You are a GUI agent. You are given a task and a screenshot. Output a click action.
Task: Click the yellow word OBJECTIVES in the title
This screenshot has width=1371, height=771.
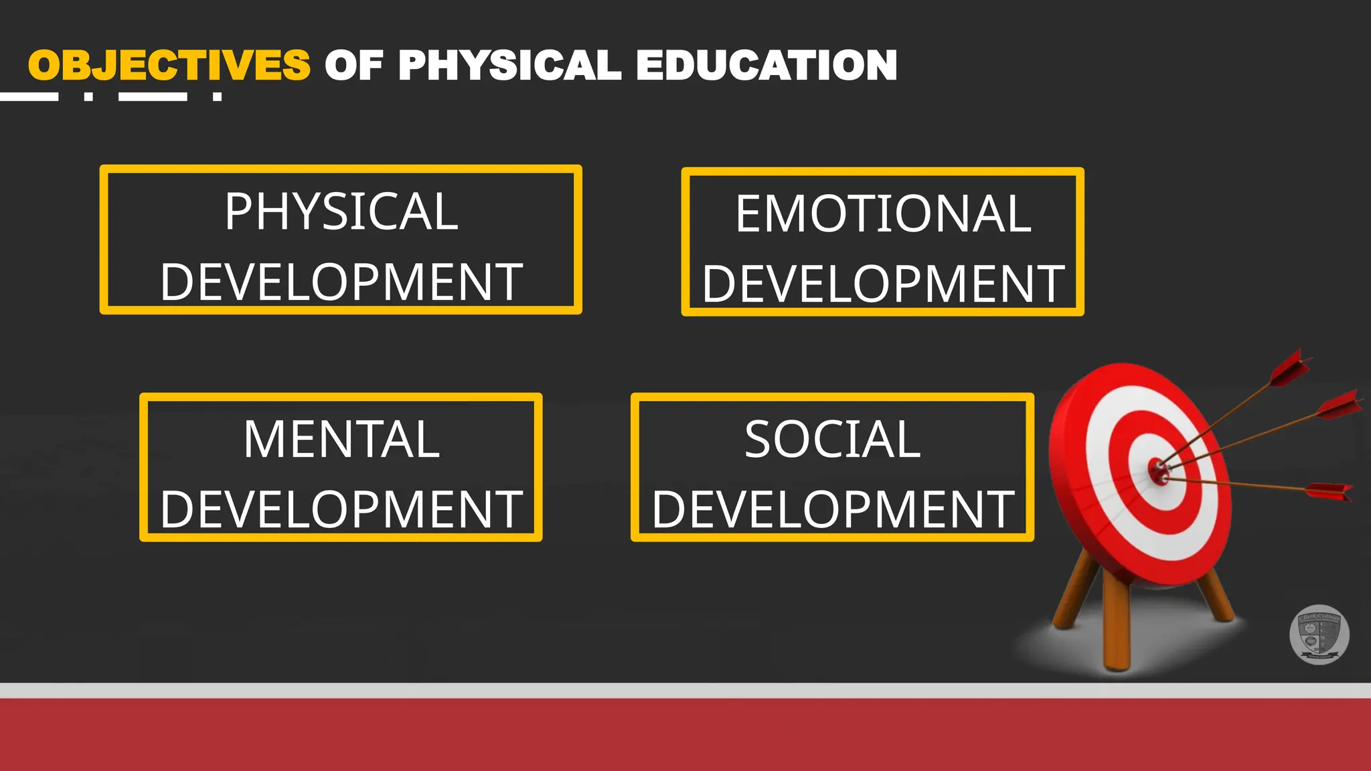point(169,66)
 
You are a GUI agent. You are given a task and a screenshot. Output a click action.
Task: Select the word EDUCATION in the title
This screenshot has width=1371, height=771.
point(767,66)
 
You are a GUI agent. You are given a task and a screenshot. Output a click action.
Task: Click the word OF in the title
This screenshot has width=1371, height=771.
point(353,66)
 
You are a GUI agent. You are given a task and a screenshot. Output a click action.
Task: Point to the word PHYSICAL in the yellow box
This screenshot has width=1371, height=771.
point(341,211)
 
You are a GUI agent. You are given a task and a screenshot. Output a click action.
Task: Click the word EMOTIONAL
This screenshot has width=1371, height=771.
point(883,214)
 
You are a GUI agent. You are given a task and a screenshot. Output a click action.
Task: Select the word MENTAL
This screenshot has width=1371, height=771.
point(341,440)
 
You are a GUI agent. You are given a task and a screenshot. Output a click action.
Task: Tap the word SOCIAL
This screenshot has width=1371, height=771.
point(833,440)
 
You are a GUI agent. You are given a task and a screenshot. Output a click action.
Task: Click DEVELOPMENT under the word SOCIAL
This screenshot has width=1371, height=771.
point(833,509)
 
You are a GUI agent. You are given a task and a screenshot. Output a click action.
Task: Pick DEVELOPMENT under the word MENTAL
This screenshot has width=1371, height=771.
point(341,509)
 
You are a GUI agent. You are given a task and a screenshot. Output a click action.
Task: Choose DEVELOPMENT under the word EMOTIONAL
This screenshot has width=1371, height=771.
point(883,284)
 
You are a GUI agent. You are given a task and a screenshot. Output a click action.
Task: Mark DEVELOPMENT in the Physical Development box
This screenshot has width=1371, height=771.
point(341,282)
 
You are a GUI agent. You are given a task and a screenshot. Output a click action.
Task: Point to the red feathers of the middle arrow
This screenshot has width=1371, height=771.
point(1339,406)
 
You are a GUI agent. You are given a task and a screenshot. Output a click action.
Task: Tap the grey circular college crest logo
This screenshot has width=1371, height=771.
point(1319,634)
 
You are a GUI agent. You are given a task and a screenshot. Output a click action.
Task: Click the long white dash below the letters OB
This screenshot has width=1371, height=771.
point(29,97)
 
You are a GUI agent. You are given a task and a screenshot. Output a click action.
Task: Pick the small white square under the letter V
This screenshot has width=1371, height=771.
point(217,97)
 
